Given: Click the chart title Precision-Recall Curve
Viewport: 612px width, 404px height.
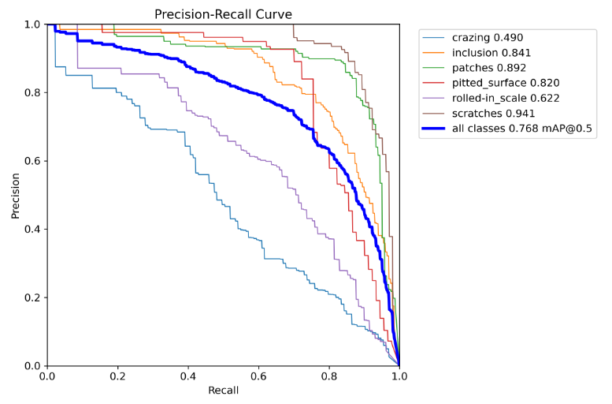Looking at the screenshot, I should click(223, 14).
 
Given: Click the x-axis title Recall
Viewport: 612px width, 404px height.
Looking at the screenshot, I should click(223, 391).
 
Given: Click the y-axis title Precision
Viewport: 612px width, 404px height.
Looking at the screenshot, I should click(16, 196).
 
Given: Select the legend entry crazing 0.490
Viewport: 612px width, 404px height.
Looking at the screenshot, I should click(488, 37).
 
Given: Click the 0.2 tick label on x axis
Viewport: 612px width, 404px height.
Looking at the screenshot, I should click(117, 376).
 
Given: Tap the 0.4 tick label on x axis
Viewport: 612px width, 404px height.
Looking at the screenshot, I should click(188, 376).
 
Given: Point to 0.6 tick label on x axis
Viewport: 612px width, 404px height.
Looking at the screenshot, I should click(258, 376).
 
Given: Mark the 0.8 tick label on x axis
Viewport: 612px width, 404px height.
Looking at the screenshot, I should click(329, 376).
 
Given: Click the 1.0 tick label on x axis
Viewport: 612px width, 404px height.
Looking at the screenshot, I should click(399, 376).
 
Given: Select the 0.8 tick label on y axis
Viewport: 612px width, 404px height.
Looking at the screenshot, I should click(32, 93).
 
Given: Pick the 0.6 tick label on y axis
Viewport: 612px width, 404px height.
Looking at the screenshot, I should click(32, 161).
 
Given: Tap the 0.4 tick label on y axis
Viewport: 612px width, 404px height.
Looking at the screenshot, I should click(32, 230).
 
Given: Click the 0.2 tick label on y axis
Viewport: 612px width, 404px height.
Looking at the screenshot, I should click(32, 297).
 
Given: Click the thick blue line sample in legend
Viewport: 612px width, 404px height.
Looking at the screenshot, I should click(434, 129).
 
